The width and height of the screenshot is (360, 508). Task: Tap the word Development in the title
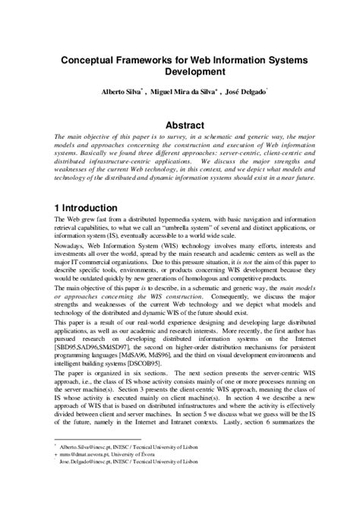point(180,73)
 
